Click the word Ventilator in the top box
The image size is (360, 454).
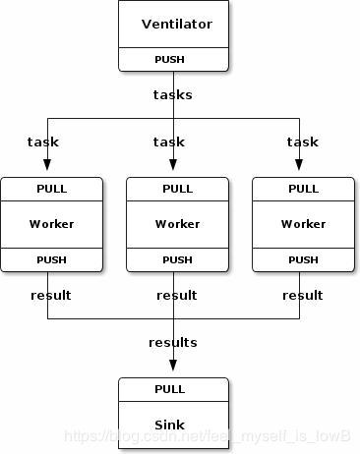coord(177,24)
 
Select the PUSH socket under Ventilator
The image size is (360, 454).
coord(174,59)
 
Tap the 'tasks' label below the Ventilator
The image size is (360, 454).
coord(172,94)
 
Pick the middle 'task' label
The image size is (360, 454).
coord(169,142)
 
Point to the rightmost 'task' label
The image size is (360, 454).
coord(302,142)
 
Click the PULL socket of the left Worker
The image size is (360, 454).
coord(52,188)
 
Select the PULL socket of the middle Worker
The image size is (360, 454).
coord(177,188)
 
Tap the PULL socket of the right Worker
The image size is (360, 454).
coord(303,188)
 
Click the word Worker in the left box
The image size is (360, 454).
coord(52,223)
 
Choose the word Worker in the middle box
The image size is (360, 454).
coord(177,223)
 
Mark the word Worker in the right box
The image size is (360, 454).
coord(303,223)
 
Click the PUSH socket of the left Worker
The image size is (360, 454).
coord(52,259)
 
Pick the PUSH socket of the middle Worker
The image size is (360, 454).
coord(177,259)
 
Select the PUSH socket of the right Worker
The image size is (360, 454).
coord(303,259)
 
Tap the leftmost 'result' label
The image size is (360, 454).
coord(50,295)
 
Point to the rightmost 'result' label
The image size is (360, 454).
coord(302,295)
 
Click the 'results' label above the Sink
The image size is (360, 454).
coord(172,342)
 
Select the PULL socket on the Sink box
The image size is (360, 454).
coord(169,389)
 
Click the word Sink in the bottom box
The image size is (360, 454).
coord(169,425)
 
